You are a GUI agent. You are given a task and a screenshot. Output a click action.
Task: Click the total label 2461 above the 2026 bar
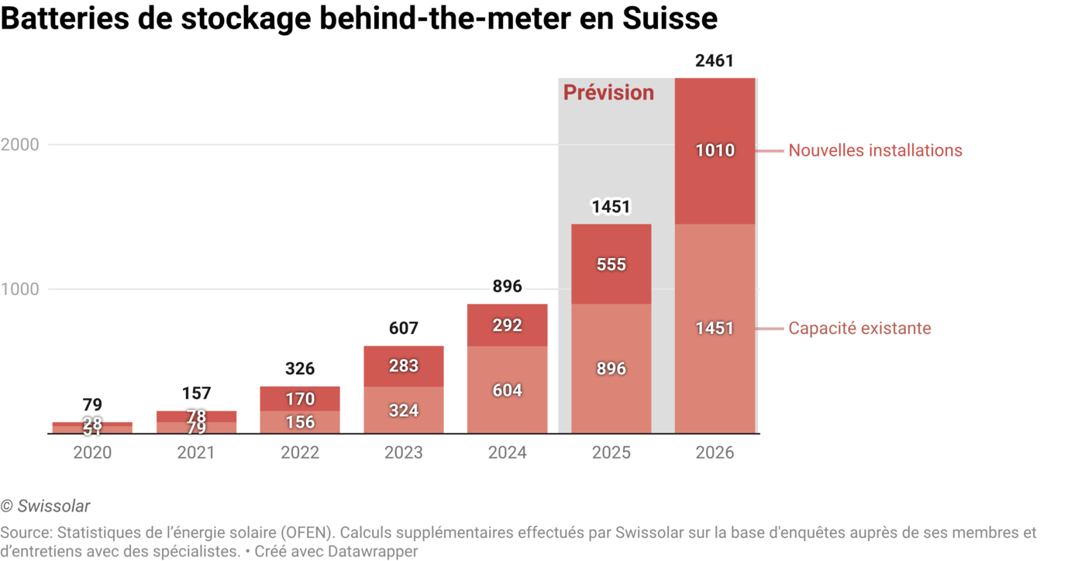pyautogui.click(x=715, y=61)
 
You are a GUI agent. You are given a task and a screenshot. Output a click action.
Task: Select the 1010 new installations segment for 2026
pyautogui.click(x=715, y=150)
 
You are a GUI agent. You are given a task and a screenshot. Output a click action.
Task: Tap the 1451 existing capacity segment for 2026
pyautogui.click(x=715, y=329)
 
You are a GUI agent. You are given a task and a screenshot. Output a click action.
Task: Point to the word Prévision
pyautogui.click(x=608, y=93)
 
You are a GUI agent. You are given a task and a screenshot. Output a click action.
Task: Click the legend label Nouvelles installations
pyautogui.click(x=875, y=151)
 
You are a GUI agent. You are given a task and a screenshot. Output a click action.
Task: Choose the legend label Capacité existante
pyautogui.click(x=859, y=329)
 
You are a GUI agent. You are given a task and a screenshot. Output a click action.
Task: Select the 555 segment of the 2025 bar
pyautogui.click(x=611, y=265)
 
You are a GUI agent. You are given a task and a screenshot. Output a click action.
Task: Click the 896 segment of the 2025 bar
pyautogui.click(x=611, y=369)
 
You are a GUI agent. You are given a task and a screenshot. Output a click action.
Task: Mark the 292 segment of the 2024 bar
pyautogui.click(x=508, y=325)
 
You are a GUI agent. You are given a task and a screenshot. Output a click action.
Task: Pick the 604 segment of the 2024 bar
pyautogui.click(x=508, y=391)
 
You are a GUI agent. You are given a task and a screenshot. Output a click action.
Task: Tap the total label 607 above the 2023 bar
pyautogui.click(x=404, y=329)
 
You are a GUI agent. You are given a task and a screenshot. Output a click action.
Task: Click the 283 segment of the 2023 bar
pyautogui.click(x=404, y=366)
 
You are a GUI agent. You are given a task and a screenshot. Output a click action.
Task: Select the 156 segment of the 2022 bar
pyautogui.click(x=300, y=422)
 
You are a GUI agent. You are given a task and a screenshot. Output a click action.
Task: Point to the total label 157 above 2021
pyautogui.click(x=196, y=394)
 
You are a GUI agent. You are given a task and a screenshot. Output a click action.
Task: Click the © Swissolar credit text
pyautogui.click(x=46, y=507)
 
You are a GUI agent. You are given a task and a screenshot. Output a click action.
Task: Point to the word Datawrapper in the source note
pyautogui.click(x=374, y=552)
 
